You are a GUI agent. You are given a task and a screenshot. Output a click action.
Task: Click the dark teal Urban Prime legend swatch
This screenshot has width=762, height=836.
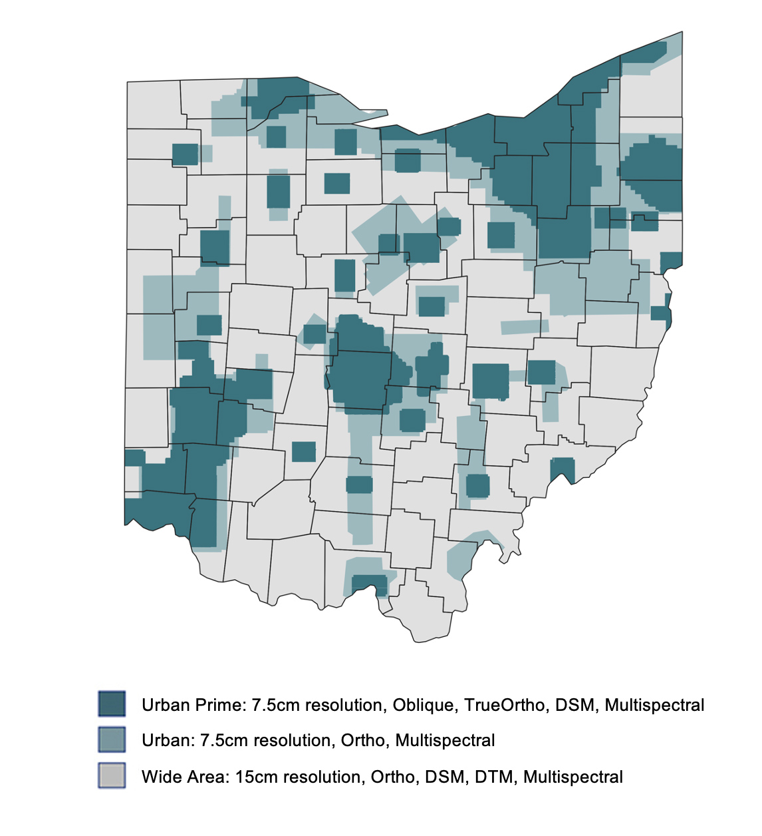coord(111,704)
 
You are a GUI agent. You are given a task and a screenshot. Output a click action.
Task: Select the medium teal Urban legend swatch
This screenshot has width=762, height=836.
coord(111,740)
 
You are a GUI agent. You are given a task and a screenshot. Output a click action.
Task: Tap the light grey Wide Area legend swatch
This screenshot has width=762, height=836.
coord(111,776)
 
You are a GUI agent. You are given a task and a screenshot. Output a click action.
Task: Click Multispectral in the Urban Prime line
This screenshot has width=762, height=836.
coord(654,705)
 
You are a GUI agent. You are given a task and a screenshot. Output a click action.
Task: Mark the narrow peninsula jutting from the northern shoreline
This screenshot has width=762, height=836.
coord(372,112)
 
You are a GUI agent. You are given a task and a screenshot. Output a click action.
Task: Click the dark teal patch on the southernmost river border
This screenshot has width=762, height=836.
coord(368,584)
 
